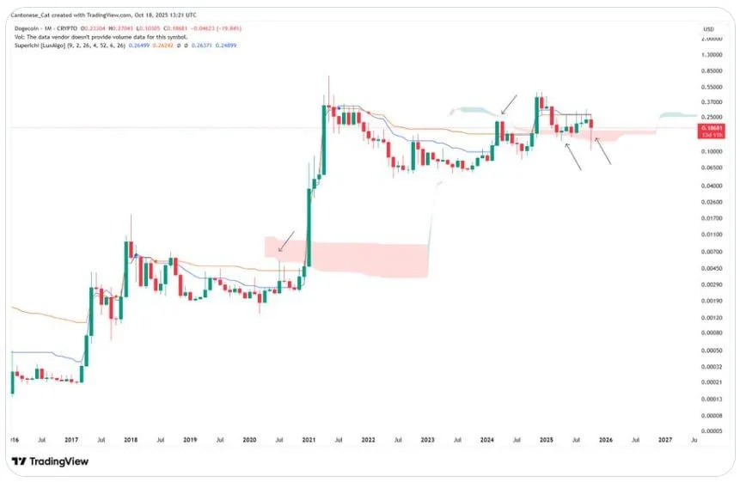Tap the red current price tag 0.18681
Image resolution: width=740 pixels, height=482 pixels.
click(x=711, y=126)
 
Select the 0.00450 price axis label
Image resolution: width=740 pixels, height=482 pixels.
click(x=711, y=267)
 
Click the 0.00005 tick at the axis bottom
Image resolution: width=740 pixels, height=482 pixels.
click(x=711, y=430)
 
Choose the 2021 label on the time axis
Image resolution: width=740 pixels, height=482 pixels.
click(x=308, y=439)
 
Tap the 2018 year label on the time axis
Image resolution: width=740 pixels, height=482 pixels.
click(x=131, y=439)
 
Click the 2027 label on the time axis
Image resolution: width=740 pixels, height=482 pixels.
click(x=664, y=439)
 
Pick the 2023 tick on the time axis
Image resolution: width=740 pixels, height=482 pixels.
click(x=427, y=439)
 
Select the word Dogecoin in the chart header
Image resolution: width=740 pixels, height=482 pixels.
click(x=29, y=28)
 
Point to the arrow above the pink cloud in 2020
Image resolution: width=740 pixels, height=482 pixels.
click(x=286, y=241)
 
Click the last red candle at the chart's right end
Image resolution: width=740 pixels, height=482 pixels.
click(x=591, y=131)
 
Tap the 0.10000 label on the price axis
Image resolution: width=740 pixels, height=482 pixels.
click(x=711, y=151)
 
